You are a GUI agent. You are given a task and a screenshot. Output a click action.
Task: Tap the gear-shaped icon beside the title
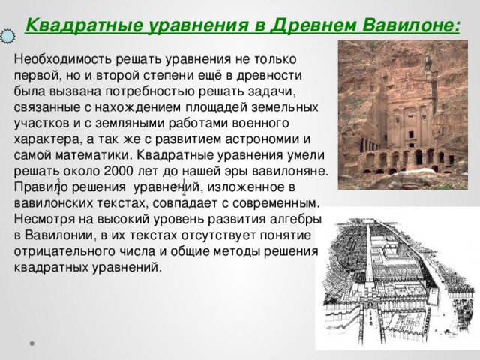[7, 35]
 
